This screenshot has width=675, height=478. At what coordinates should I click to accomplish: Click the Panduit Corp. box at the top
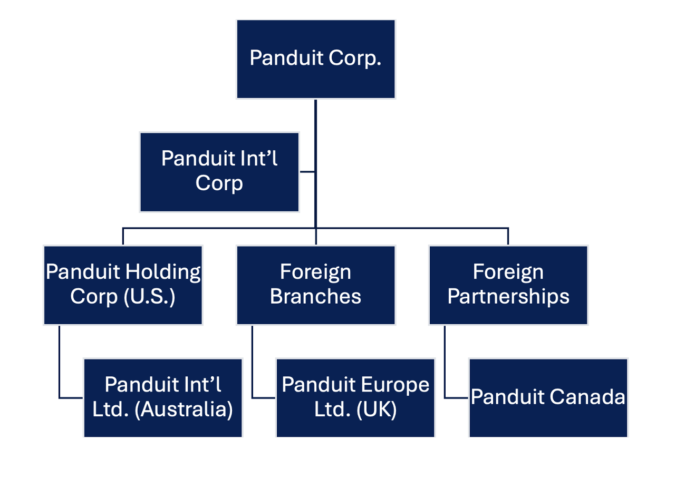coord(315,59)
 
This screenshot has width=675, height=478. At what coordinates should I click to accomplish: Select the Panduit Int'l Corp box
coord(219,172)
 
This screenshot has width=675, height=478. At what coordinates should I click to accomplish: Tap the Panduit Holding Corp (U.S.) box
coord(123,285)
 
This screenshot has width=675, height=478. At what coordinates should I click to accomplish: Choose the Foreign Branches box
coord(315,285)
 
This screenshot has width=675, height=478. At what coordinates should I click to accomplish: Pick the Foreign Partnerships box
coord(508,285)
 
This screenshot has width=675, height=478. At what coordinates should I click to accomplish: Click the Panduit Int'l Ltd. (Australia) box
coord(162,397)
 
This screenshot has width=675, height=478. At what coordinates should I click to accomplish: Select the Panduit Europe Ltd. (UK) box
coord(355,397)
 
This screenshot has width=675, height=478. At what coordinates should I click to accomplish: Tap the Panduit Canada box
coord(548,397)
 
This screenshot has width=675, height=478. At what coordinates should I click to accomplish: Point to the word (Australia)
coord(184,410)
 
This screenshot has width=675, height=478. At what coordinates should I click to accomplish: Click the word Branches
coord(315,297)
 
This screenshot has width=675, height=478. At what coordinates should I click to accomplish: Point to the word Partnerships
coord(508,297)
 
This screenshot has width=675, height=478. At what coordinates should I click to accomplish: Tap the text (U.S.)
coord(149,297)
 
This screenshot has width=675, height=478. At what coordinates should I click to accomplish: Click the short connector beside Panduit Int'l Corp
coord(307,172)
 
